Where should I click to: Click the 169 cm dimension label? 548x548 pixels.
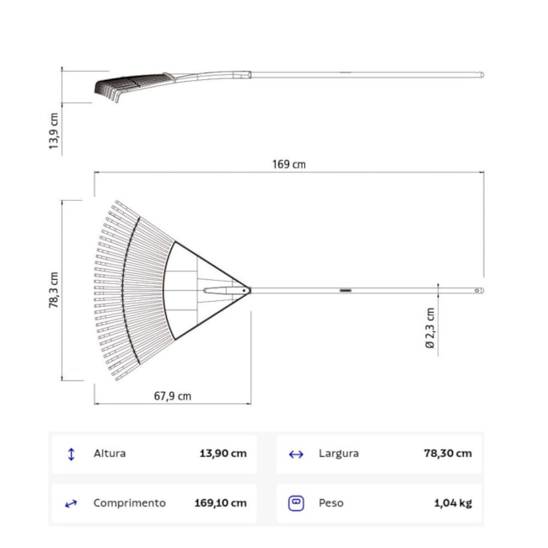[288, 164]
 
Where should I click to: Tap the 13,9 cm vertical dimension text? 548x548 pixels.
[54, 132]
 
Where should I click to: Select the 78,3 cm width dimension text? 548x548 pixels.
[54, 290]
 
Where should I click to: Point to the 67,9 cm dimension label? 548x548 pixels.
[173, 395]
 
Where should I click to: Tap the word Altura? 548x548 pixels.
[110, 454]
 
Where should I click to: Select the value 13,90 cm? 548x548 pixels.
[223, 454]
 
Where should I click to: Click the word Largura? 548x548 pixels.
[338, 454]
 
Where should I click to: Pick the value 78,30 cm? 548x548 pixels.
[448, 454]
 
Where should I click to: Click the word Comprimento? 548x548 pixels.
[129, 503]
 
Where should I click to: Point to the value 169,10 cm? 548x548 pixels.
[220, 503]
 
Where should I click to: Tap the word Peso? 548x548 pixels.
[330, 503]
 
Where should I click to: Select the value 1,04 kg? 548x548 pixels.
[453, 503]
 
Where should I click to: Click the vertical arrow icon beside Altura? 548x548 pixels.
[71, 454]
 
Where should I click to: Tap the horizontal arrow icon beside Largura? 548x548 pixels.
[296, 454]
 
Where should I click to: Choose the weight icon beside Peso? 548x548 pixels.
[296, 502]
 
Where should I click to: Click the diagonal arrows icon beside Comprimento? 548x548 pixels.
[71, 503]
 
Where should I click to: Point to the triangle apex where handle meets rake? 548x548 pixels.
[247, 290]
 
